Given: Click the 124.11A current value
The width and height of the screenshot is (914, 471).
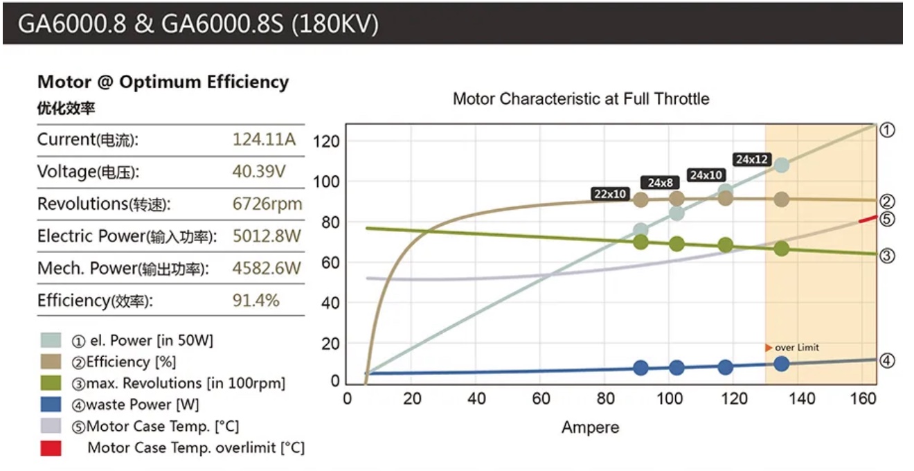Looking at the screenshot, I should (x=264, y=139).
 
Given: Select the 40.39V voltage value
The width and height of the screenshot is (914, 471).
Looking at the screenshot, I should (x=260, y=172).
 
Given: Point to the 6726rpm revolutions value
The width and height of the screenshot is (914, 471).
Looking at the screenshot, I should (x=267, y=204).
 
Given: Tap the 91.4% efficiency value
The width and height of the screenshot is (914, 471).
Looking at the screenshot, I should (x=256, y=301).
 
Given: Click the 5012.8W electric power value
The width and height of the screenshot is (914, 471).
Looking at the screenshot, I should (x=267, y=236).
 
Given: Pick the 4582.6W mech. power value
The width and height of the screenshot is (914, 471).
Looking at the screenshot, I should (x=267, y=268).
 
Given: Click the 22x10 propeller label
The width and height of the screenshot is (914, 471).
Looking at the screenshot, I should (x=610, y=195).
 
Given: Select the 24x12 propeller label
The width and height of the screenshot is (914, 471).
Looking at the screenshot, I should (x=752, y=159).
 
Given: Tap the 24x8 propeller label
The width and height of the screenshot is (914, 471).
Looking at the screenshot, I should (x=661, y=183).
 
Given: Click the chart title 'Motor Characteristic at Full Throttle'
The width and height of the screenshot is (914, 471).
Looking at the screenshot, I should (x=581, y=98).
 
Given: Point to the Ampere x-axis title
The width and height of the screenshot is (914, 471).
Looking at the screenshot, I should (x=590, y=427).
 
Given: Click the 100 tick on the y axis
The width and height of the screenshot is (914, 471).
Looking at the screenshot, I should (x=325, y=181).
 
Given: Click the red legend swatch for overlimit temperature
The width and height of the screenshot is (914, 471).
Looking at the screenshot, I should (x=51, y=448).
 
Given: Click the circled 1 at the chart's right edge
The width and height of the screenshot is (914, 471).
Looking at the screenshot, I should (x=888, y=130).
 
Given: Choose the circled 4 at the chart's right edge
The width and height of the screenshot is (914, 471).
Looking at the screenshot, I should (x=888, y=360).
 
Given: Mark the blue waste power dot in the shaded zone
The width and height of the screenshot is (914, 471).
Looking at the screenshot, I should (x=781, y=364).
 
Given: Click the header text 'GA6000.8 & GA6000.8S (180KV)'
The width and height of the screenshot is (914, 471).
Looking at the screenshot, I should (x=198, y=24).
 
